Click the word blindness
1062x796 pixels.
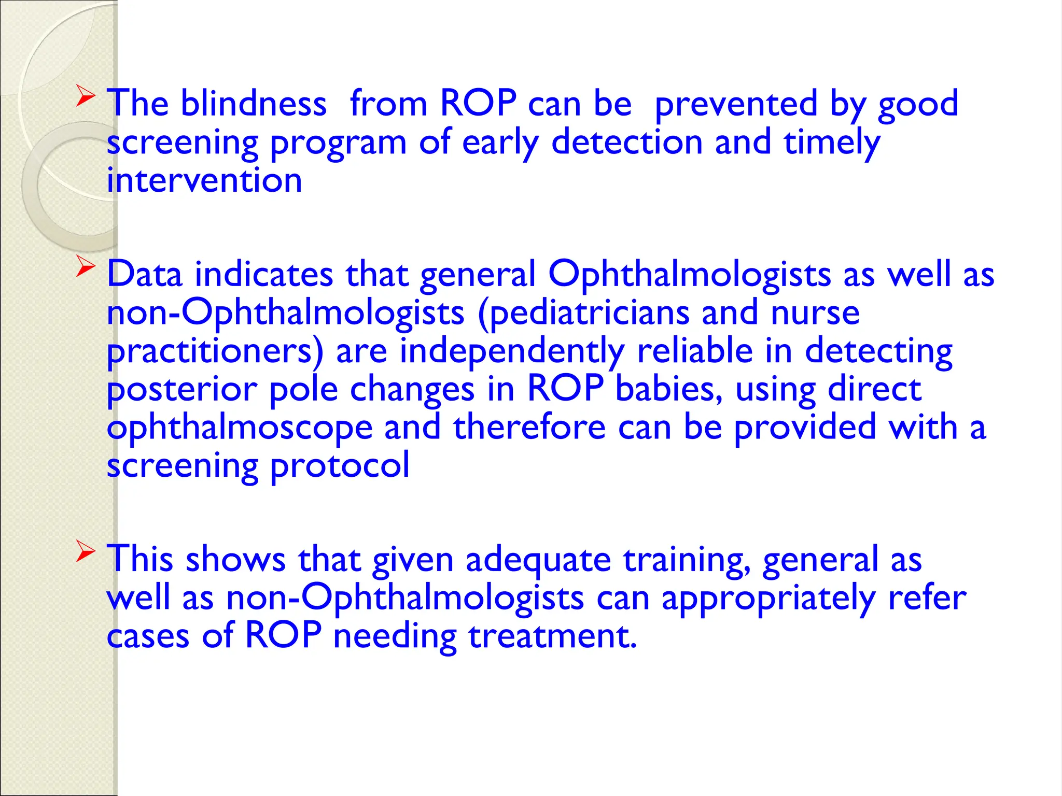254,103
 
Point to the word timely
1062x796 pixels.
832,143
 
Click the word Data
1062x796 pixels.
145,274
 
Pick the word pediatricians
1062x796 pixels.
590,313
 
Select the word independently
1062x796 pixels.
512,351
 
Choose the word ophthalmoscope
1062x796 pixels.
240,428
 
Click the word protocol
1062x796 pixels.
340,466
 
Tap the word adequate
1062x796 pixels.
538,560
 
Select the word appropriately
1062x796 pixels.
768,599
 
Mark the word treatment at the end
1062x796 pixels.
552,636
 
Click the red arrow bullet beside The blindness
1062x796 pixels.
86,96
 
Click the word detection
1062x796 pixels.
627,142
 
